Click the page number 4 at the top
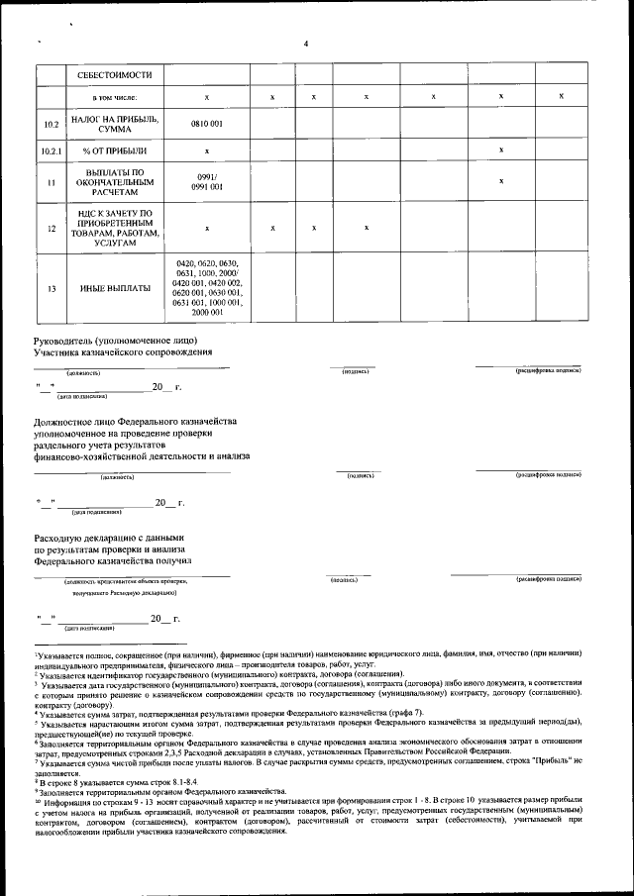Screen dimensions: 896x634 click(x=306, y=43)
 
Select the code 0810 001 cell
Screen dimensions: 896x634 click(x=206, y=123)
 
